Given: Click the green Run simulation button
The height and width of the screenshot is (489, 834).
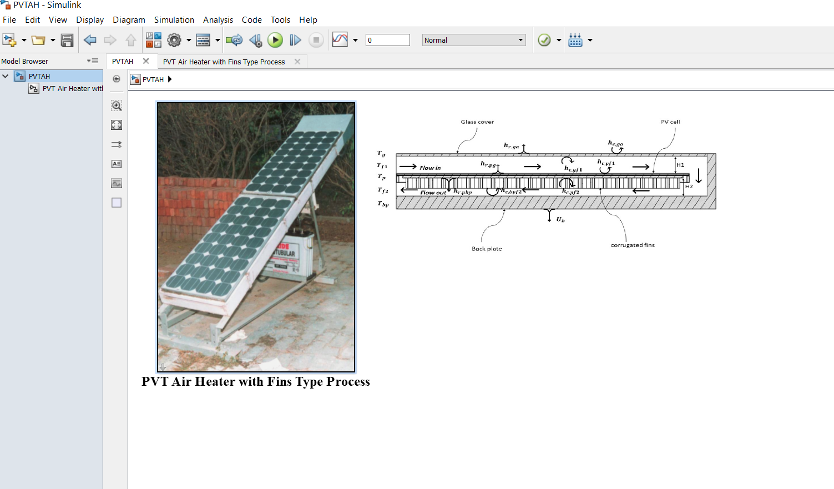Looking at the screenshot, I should [x=275, y=40].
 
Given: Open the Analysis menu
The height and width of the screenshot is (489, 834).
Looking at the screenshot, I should [x=218, y=20].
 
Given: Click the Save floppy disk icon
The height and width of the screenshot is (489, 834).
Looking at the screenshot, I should [x=67, y=40].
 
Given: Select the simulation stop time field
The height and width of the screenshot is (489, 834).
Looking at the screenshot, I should [x=387, y=40].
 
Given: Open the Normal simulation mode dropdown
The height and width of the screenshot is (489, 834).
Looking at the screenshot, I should [x=474, y=40].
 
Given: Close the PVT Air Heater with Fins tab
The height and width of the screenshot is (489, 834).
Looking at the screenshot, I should [x=297, y=62].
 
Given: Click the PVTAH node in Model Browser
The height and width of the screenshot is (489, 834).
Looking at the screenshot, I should [x=39, y=76].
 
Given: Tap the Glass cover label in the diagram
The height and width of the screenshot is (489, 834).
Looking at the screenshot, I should [x=477, y=122].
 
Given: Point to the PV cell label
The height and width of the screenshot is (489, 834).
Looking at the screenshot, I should [x=670, y=122].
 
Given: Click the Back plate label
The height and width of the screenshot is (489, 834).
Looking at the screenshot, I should [x=487, y=249].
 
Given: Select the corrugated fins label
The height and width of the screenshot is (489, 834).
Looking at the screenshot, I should [x=633, y=245].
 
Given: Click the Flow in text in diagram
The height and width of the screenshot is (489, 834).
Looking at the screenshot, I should [x=430, y=168].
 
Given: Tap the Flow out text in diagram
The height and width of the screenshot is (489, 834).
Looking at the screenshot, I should [x=433, y=193].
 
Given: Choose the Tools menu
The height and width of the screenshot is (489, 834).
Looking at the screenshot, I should [x=280, y=20].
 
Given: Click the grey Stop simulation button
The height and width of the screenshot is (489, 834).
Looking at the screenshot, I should [x=316, y=40].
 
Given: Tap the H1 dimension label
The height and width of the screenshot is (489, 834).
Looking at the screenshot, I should [x=680, y=165].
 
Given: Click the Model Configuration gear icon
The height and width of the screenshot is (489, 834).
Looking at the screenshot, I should [x=174, y=40].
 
